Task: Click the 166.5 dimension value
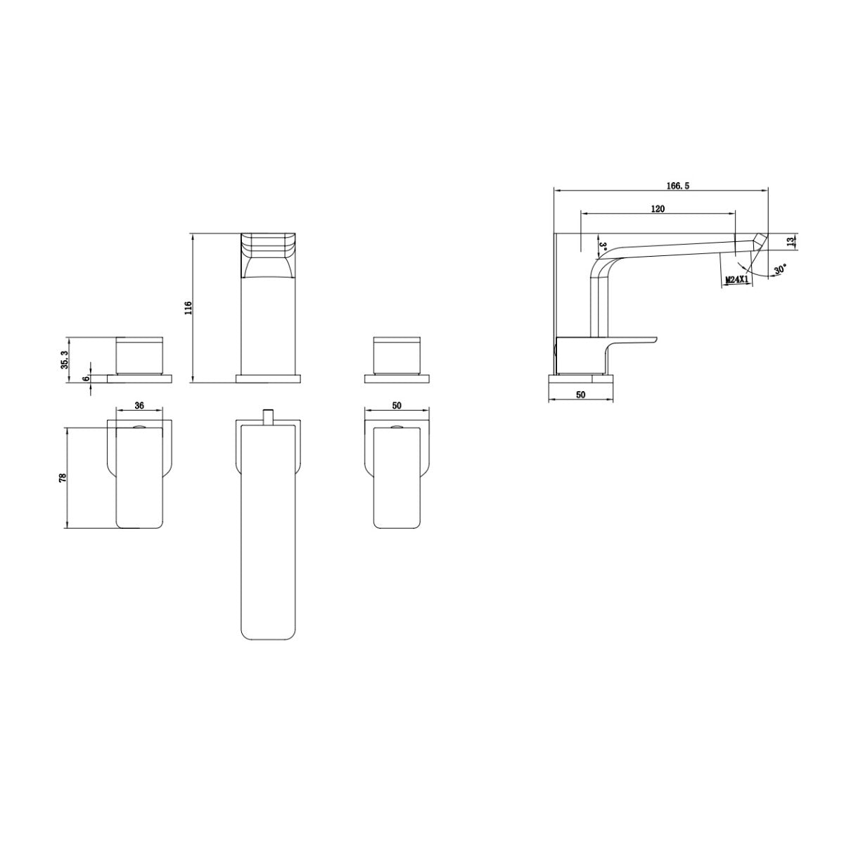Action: tap(678, 186)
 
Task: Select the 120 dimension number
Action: tap(658, 209)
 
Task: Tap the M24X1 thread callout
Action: tap(736, 279)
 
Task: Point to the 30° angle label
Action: tap(780, 269)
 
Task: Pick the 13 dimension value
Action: tap(791, 242)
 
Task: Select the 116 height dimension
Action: tap(188, 308)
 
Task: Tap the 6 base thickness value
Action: tap(87, 378)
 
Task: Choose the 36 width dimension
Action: tap(139, 406)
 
